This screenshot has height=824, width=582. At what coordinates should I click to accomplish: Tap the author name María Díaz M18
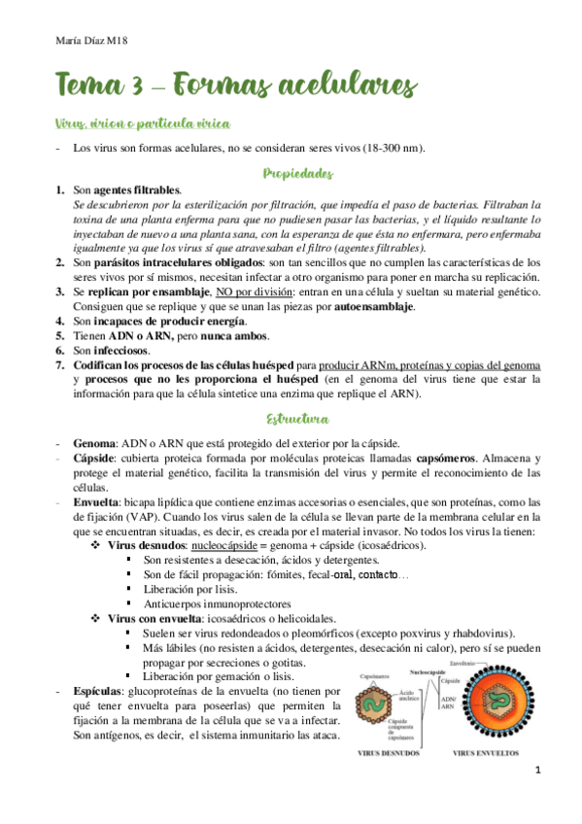[86, 40]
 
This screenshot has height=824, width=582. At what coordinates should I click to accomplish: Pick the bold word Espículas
[98, 690]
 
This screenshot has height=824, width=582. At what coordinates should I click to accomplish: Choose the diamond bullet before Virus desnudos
[96, 547]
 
